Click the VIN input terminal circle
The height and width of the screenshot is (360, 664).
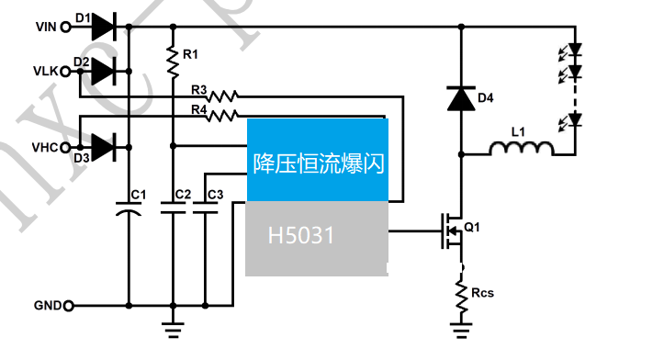click(x=65, y=28)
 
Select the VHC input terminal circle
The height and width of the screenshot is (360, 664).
click(x=65, y=146)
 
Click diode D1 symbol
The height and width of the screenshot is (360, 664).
click(x=104, y=28)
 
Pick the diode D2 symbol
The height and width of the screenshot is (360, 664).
click(x=104, y=71)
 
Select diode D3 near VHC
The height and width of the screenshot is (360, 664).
click(x=104, y=146)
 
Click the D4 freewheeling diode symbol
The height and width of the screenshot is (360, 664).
click(x=460, y=98)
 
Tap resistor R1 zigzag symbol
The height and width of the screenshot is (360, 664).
click(x=173, y=62)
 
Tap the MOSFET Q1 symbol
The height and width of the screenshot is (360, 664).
click(x=452, y=231)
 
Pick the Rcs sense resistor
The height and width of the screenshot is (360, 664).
click(x=460, y=293)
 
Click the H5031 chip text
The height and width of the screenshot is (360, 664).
click(x=300, y=237)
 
